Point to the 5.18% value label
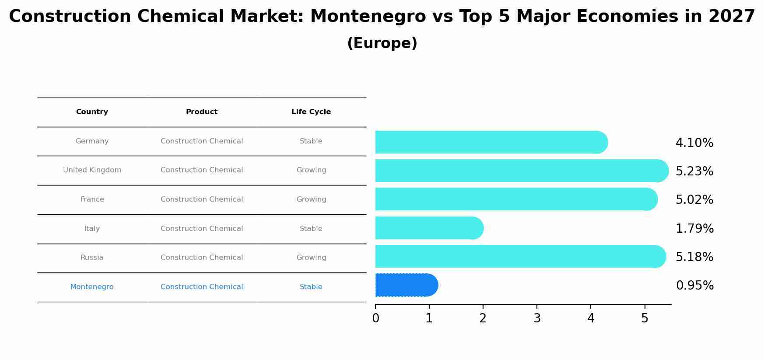694,257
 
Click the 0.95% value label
694,286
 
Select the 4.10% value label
694,143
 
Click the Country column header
92,112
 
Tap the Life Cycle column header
311,112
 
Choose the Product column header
202,112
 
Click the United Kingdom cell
92,170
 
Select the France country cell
92,199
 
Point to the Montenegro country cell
92,287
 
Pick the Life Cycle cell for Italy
311,229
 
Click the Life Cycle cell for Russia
311,258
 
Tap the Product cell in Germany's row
202,141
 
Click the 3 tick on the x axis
537,318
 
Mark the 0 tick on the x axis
375,318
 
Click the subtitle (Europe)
382,43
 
